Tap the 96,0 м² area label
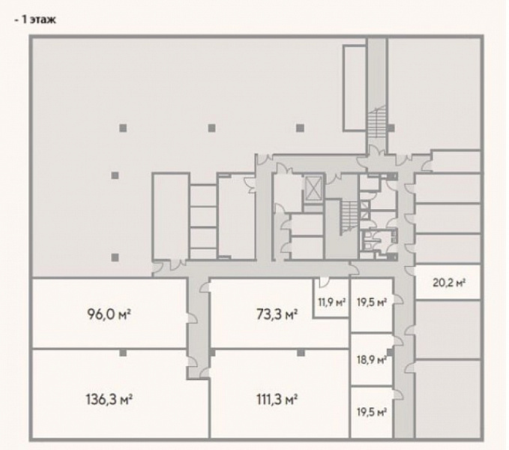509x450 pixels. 109,314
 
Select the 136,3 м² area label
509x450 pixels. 109,399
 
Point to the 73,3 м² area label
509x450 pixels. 277,314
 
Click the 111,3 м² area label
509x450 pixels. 277,399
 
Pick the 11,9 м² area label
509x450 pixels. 331,302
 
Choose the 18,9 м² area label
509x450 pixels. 372,360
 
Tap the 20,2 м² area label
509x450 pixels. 449,283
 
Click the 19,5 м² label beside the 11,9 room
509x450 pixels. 372,302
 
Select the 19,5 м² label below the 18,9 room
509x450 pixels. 372,412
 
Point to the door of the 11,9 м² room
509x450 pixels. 324,282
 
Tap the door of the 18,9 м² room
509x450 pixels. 397,341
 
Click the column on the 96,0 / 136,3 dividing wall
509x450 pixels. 123,353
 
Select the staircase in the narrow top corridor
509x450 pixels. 376,124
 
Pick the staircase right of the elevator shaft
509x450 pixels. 349,217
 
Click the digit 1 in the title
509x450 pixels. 24,19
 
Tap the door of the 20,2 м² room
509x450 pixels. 410,272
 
